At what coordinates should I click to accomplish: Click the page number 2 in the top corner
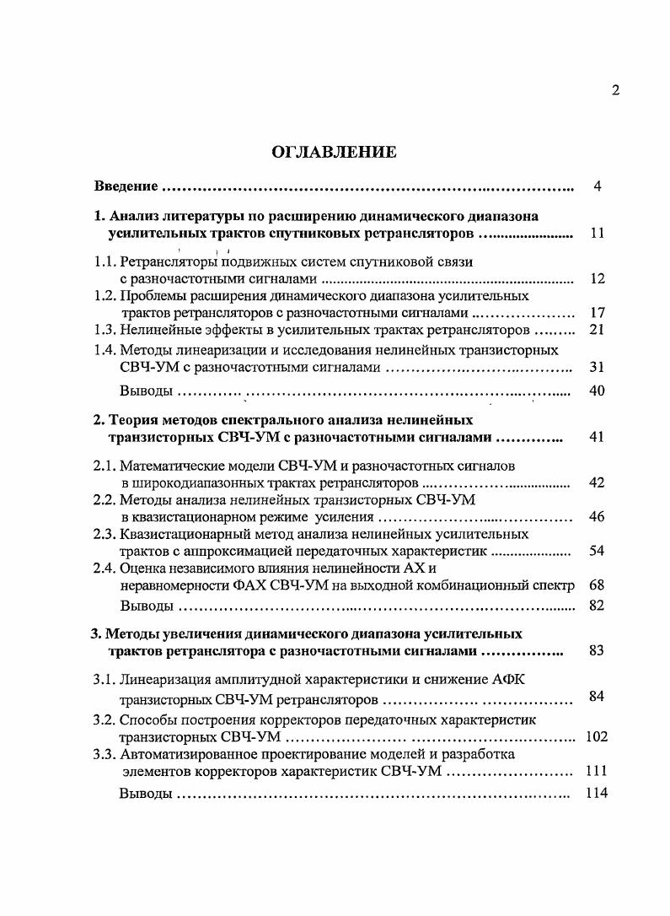(x=615, y=91)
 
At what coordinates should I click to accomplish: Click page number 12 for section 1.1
(x=597, y=278)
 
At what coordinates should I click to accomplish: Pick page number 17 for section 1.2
(x=597, y=313)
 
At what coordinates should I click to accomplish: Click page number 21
(x=597, y=330)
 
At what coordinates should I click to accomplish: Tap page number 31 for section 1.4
(x=597, y=367)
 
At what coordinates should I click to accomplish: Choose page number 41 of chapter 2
(x=597, y=437)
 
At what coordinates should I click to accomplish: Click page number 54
(x=597, y=551)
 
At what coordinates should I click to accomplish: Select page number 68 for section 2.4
(x=597, y=585)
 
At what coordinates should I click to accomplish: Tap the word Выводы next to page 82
(x=146, y=606)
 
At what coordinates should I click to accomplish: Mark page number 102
(x=596, y=736)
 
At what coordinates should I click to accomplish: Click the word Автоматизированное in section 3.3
(x=190, y=754)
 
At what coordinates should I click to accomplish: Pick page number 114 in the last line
(x=596, y=793)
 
